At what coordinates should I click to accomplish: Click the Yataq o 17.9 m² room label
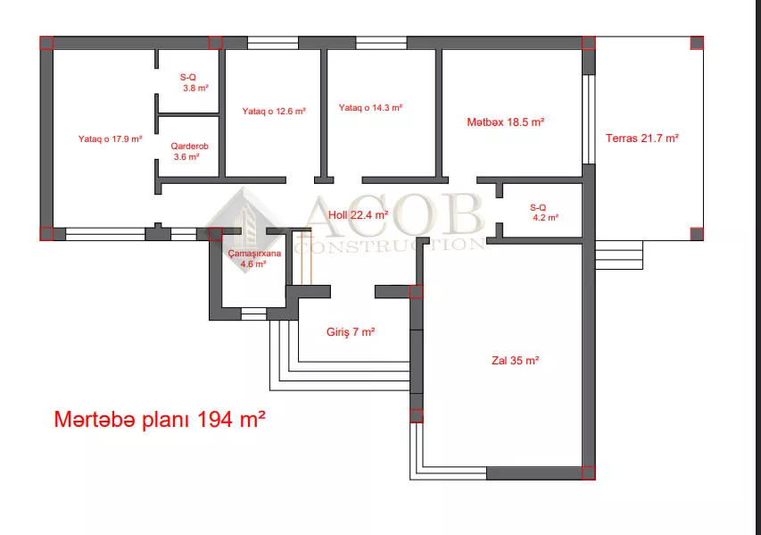pyautogui.click(x=110, y=139)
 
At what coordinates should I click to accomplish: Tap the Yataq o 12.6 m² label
pyautogui.click(x=274, y=112)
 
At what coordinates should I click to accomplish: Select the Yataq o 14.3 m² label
pyautogui.click(x=370, y=108)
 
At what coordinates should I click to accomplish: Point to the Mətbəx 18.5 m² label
pyautogui.click(x=505, y=122)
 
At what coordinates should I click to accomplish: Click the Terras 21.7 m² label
pyautogui.click(x=642, y=138)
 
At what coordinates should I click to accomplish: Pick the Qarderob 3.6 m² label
pyautogui.click(x=189, y=152)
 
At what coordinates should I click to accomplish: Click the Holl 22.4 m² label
pyautogui.click(x=358, y=214)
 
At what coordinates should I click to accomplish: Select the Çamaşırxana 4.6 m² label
pyautogui.click(x=254, y=258)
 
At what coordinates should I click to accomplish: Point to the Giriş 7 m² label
pyautogui.click(x=351, y=332)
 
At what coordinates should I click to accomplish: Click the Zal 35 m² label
pyautogui.click(x=515, y=361)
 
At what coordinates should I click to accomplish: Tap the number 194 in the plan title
pyautogui.click(x=216, y=419)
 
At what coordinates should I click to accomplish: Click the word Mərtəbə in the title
pyautogui.click(x=95, y=420)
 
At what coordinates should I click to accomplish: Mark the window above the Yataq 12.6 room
pyautogui.click(x=273, y=43)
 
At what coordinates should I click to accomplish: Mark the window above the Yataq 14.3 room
pyautogui.click(x=381, y=43)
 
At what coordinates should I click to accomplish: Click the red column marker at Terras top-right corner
pyautogui.click(x=697, y=43)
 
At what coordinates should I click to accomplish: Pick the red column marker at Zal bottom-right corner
pyautogui.click(x=589, y=472)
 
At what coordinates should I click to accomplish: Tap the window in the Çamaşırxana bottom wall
pyautogui.click(x=254, y=313)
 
